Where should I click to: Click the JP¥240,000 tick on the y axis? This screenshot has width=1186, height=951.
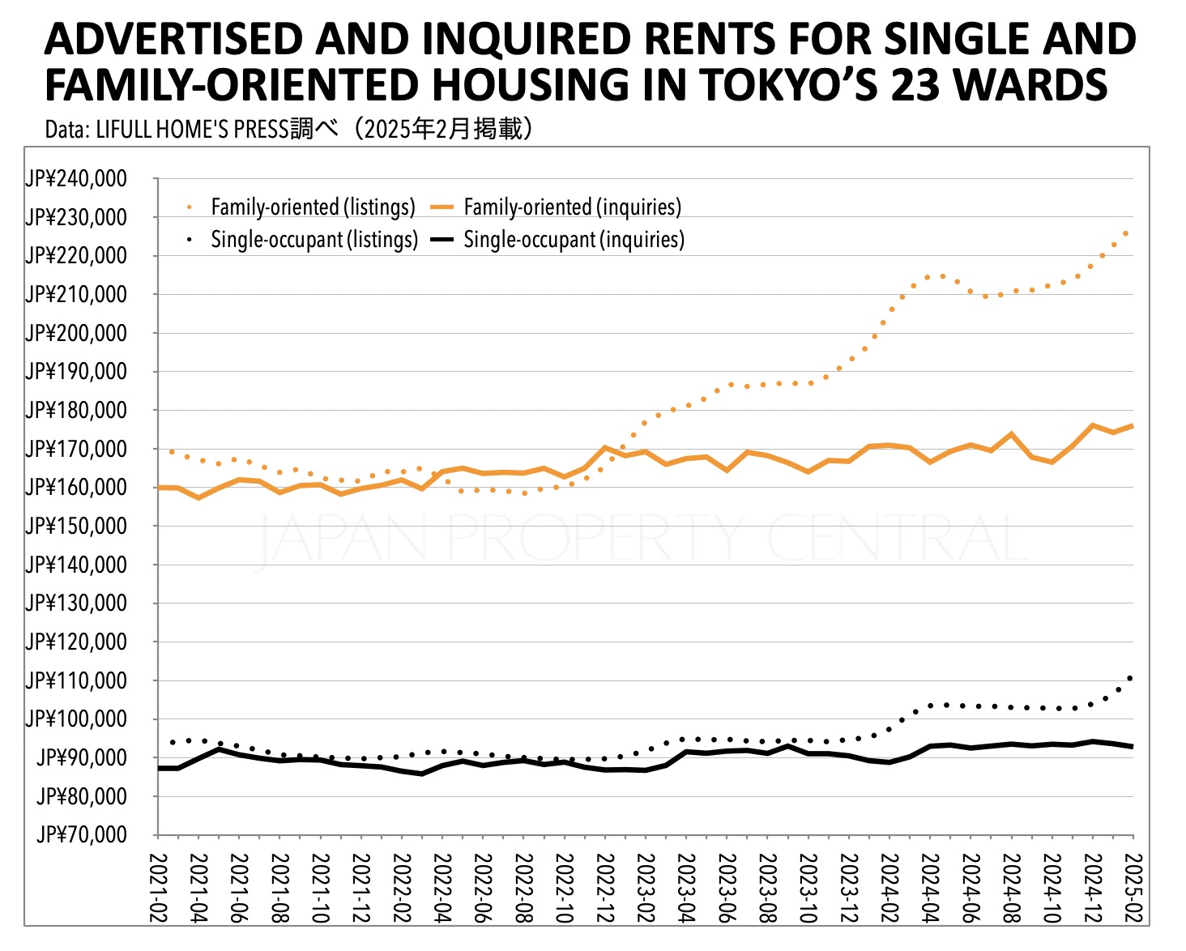point(76,178)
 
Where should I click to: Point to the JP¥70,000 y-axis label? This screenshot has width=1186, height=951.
point(82,834)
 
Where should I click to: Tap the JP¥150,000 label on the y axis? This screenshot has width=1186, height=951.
point(76,526)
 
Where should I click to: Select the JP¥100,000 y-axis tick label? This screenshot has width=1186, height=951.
point(76,719)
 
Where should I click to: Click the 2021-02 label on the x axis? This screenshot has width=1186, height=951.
point(159,888)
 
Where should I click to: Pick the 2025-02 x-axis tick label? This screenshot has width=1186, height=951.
point(1133,888)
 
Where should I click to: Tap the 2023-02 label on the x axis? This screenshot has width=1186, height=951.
point(646,888)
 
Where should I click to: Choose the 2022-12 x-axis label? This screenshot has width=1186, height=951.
point(605,888)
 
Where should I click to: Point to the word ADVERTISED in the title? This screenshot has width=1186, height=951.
point(173,39)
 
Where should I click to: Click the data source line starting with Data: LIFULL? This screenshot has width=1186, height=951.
point(288,129)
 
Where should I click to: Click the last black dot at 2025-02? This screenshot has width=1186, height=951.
point(1130,678)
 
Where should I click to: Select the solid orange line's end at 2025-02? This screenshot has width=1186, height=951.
point(1132,426)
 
